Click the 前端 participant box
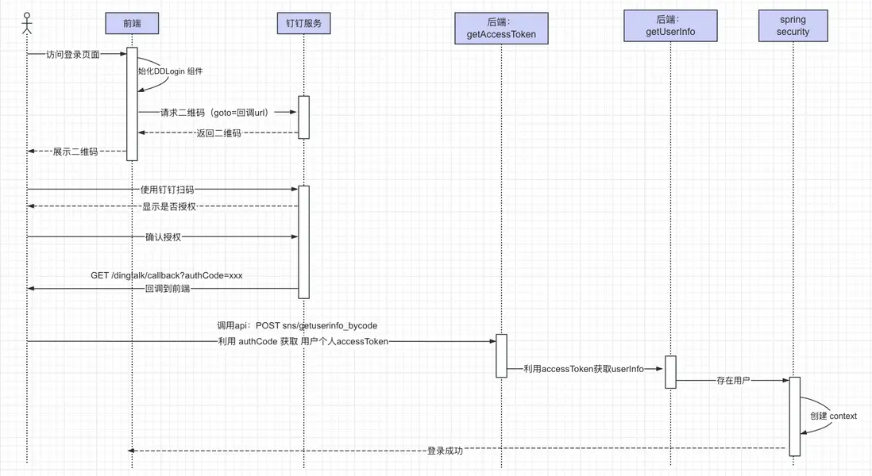[132, 24]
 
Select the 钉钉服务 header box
[303, 24]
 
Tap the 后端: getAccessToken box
[501, 28]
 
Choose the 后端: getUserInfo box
[670, 25]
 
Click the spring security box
[793, 25]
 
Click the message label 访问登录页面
[72, 54]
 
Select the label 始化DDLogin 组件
[170, 71]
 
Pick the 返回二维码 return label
[218, 133]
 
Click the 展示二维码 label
[75, 151]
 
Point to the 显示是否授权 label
[168, 206]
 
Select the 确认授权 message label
[164, 236]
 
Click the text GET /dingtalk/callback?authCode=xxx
[166, 275]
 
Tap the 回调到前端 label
[167, 289]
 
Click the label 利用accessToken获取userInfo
[584, 369]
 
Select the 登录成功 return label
[445, 451]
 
